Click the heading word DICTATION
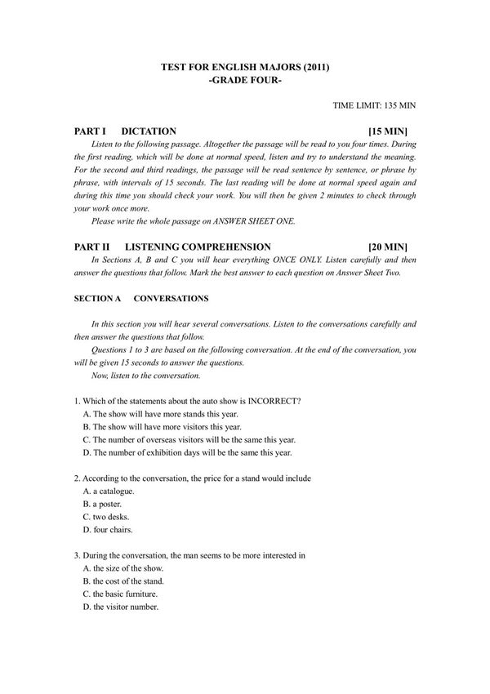[148, 131]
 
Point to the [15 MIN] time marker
[388, 131]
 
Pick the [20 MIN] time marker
[388, 247]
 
